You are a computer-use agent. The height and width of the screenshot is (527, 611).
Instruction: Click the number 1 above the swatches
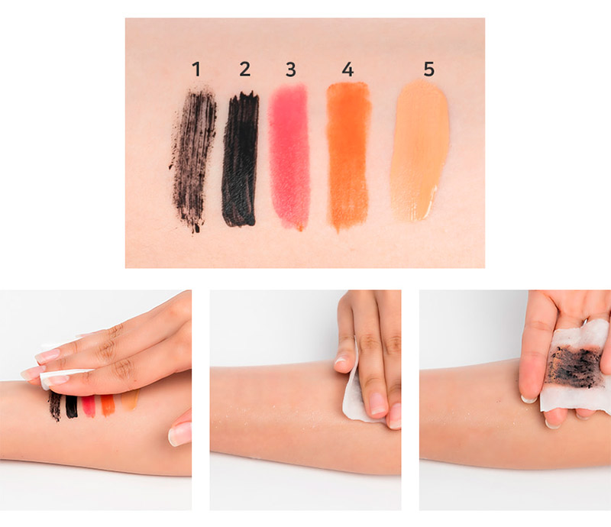[x=196, y=69]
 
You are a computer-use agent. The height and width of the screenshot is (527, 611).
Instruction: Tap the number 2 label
[x=244, y=69]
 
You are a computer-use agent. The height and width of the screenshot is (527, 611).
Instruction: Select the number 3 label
[x=291, y=70]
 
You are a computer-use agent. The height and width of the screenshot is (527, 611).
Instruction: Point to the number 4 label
[x=348, y=69]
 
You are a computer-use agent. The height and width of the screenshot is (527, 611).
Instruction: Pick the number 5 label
[x=428, y=69]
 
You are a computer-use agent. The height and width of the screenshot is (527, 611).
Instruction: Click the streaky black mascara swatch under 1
[x=194, y=160]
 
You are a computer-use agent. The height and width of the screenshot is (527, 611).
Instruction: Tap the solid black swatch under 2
[x=240, y=160]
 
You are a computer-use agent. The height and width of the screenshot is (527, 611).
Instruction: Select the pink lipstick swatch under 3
[x=289, y=156]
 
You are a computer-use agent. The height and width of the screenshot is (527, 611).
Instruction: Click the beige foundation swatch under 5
[x=420, y=150]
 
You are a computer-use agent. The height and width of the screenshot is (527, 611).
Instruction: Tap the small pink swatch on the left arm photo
[x=89, y=406]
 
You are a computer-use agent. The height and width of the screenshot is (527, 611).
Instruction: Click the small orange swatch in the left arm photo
[x=108, y=406]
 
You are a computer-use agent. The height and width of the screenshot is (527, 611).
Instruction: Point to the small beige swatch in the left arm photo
[x=130, y=399]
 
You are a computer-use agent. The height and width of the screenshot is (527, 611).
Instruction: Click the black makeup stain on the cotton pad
[x=574, y=367]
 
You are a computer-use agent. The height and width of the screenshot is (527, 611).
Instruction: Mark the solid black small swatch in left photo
[x=72, y=406]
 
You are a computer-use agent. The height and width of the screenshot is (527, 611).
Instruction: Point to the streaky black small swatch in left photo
[x=55, y=406]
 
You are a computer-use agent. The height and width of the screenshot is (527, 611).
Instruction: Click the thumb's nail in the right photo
[x=529, y=399]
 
